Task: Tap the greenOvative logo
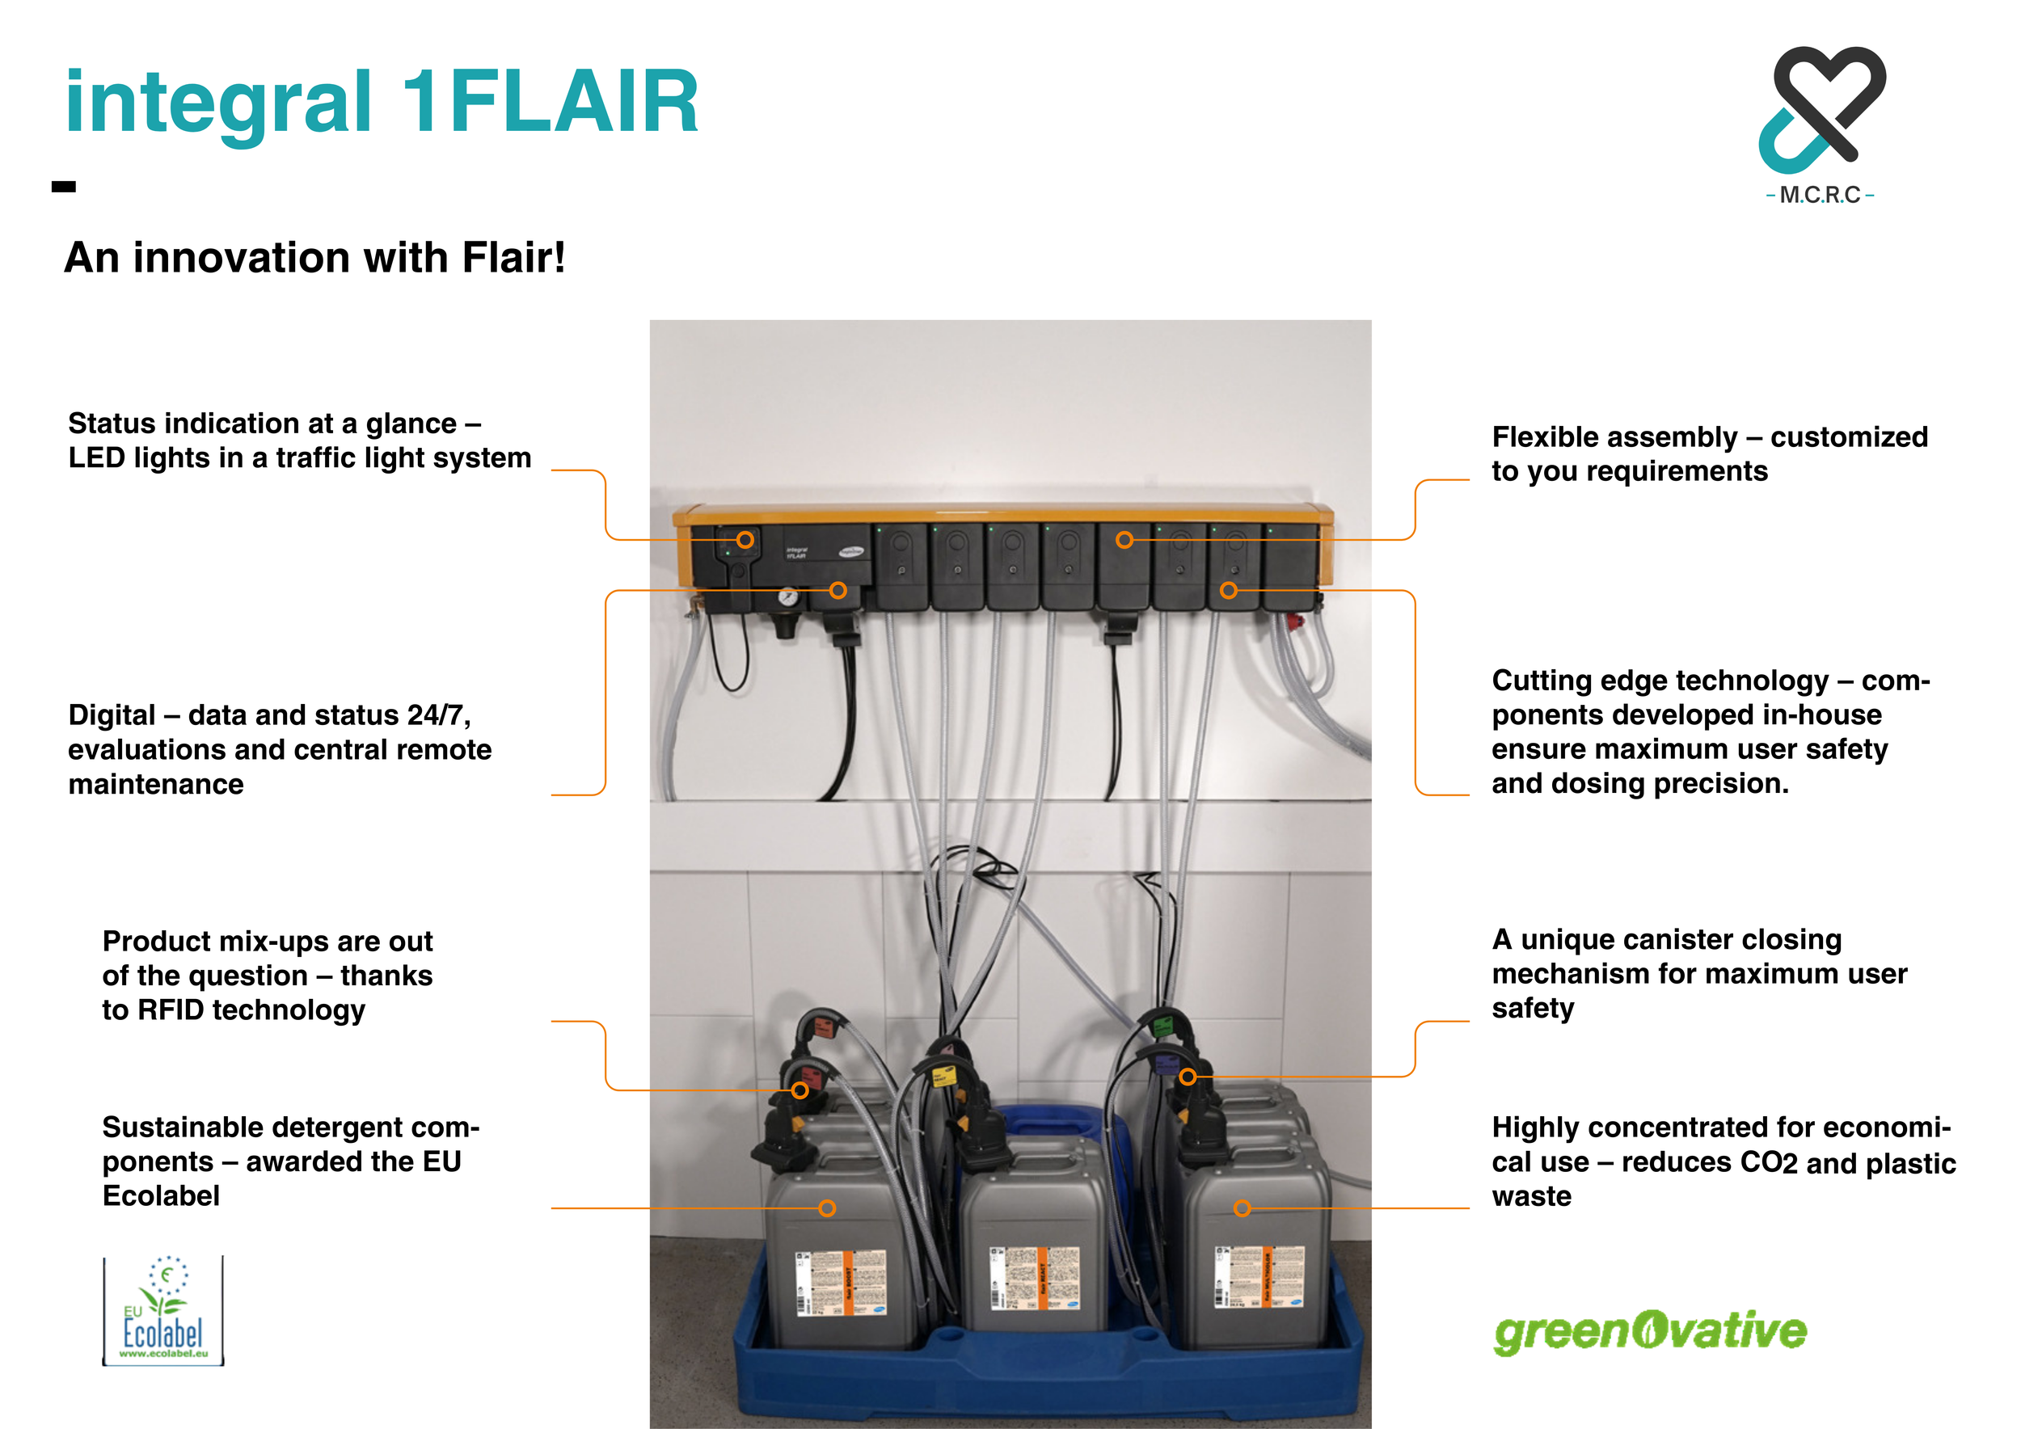coord(1650,1331)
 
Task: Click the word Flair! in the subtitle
coord(513,258)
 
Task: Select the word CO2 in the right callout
coord(1769,1162)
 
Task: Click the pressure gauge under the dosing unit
coord(788,599)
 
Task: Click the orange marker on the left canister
coord(826,1208)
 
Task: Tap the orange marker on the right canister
coord(1242,1208)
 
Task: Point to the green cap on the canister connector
coord(1162,1026)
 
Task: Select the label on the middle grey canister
coord(1034,1277)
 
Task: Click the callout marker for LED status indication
coord(745,540)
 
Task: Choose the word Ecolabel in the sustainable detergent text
coord(160,1196)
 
